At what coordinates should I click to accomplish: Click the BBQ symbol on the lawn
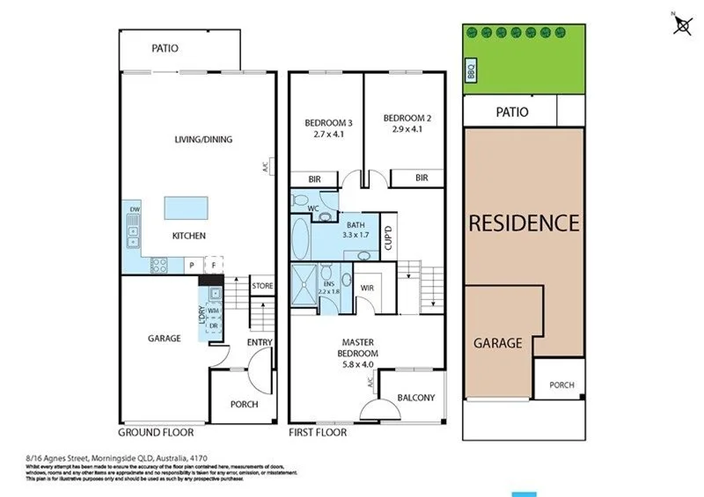[x=470, y=70]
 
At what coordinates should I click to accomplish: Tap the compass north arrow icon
[x=682, y=26]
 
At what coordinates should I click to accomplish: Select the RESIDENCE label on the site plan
[x=524, y=223]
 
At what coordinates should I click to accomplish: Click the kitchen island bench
[x=186, y=208]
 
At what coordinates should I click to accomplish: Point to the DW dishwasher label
[x=135, y=208]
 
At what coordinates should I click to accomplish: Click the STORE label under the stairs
[x=262, y=286]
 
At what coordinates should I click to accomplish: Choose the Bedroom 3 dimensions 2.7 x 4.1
[x=329, y=135]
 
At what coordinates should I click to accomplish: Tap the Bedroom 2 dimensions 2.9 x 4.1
[x=407, y=128]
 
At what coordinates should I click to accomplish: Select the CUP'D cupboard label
[x=388, y=237]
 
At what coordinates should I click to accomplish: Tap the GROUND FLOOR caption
[x=156, y=433]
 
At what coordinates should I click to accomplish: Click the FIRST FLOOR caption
[x=318, y=433]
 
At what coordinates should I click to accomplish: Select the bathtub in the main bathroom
[x=300, y=238]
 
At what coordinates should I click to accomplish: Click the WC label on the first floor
[x=312, y=208]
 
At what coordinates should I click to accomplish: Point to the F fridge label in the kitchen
[x=213, y=265]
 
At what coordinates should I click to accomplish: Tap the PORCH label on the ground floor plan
[x=244, y=405]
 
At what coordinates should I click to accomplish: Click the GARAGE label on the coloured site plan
[x=498, y=343]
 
